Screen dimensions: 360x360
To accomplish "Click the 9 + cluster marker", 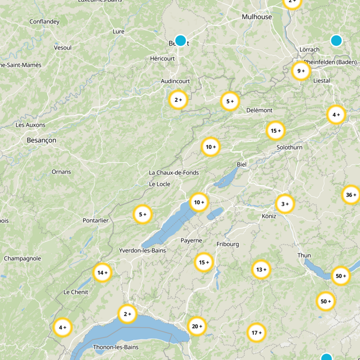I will click(x=301, y=71).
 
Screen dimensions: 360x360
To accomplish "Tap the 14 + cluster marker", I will click(x=102, y=272).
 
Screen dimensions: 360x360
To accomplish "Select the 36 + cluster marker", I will click(x=351, y=195).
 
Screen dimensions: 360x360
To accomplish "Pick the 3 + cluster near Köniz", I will click(x=285, y=204).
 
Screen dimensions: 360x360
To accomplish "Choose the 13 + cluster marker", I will click(x=261, y=270).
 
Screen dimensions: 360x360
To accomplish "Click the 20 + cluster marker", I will click(x=197, y=326).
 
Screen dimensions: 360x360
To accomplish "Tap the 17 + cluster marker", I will click(x=256, y=333).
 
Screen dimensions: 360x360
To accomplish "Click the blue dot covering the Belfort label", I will click(x=180, y=40).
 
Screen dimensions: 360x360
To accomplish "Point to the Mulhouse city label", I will click(x=257, y=17).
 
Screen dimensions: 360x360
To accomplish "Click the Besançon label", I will click(x=41, y=140).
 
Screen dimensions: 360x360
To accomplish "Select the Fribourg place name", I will click(x=228, y=244).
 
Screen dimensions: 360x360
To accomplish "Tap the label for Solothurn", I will click(x=290, y=147).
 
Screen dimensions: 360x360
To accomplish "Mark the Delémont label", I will click(x=260, y=110).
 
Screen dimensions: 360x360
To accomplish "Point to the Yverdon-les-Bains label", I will click(x=142, y=250).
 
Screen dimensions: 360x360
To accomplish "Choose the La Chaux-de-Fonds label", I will click(x=174, y=173).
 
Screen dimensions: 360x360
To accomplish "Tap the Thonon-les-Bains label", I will click(x=116, y=347).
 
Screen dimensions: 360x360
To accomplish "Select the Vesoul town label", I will click(x=63, y=47).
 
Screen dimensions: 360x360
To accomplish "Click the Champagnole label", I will click(x=22, y=258).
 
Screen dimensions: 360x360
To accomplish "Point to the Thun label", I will click(x=304, y=255).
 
